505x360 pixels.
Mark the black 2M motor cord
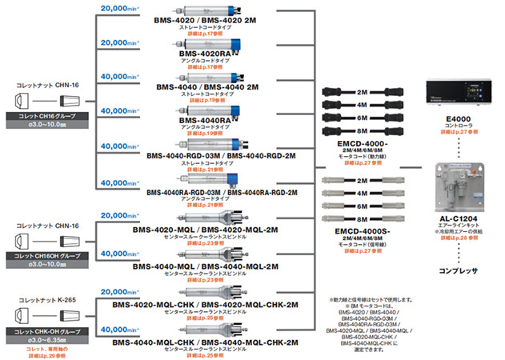pyautogui.click(x=361, y=91)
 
